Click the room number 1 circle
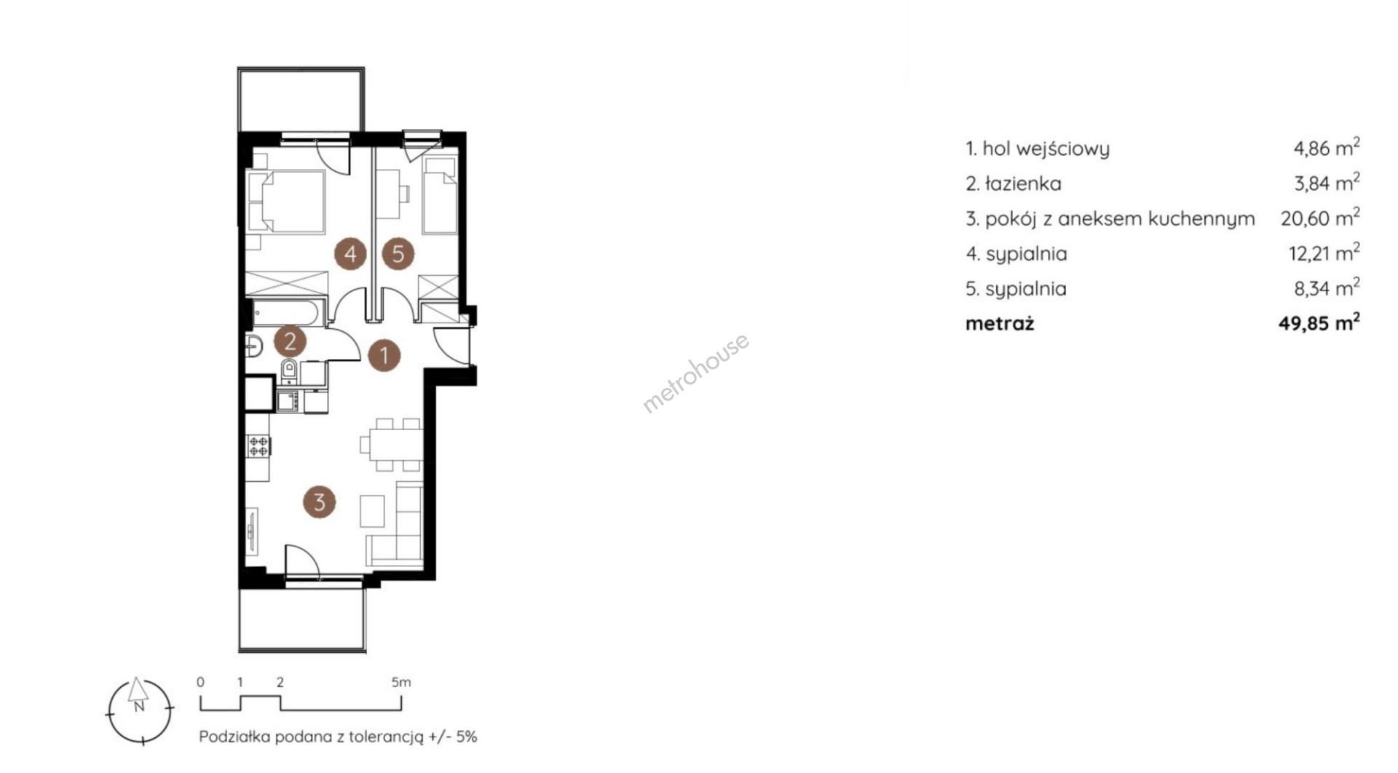(x=384, y=356)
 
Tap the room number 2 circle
(x=290, y=341)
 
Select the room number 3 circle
(x=319, y=502)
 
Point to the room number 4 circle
(x=350, y=254)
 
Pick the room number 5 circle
(x=398, y=254)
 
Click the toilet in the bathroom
(x=289, y=370)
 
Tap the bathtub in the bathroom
(x=285, y=313)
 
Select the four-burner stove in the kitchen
(x=258, y=445)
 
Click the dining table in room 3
(x=391, y=444)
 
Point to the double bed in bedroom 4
(x=285, y=202)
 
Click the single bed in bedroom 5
(x=440, y=197)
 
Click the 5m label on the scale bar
(x=401, y=683)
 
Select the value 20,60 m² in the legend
(x=1320, y=218)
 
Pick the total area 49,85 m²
(x=1319, y=323)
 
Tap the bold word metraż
(x=1000, y=324)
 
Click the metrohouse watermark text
(x=695, y=373)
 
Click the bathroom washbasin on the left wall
(x=253, y=346)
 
